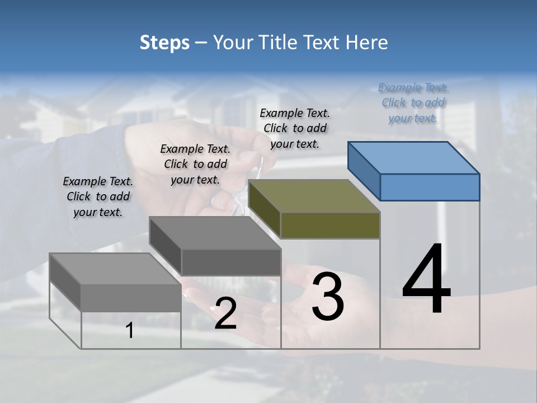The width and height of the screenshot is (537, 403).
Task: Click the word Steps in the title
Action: pos(164,43)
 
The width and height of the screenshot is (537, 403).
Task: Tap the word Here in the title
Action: pos(367,43)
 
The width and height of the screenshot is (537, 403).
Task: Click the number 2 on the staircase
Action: pos(225,313)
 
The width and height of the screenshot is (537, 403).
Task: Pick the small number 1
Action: pos(130,331)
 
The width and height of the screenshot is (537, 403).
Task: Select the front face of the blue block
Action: pos(430,187)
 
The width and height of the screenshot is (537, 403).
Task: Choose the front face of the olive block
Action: pos(330,225)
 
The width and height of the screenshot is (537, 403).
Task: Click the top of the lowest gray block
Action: pos(115,269)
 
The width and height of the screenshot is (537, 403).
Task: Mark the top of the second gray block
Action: pos(215,233)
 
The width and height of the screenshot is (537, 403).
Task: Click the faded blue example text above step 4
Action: pos(413,103)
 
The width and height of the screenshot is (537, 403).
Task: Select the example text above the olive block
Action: pos(295,128)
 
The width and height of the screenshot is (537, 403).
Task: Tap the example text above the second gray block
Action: pos(195,164)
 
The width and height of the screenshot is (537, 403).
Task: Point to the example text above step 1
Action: pos(98,196)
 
